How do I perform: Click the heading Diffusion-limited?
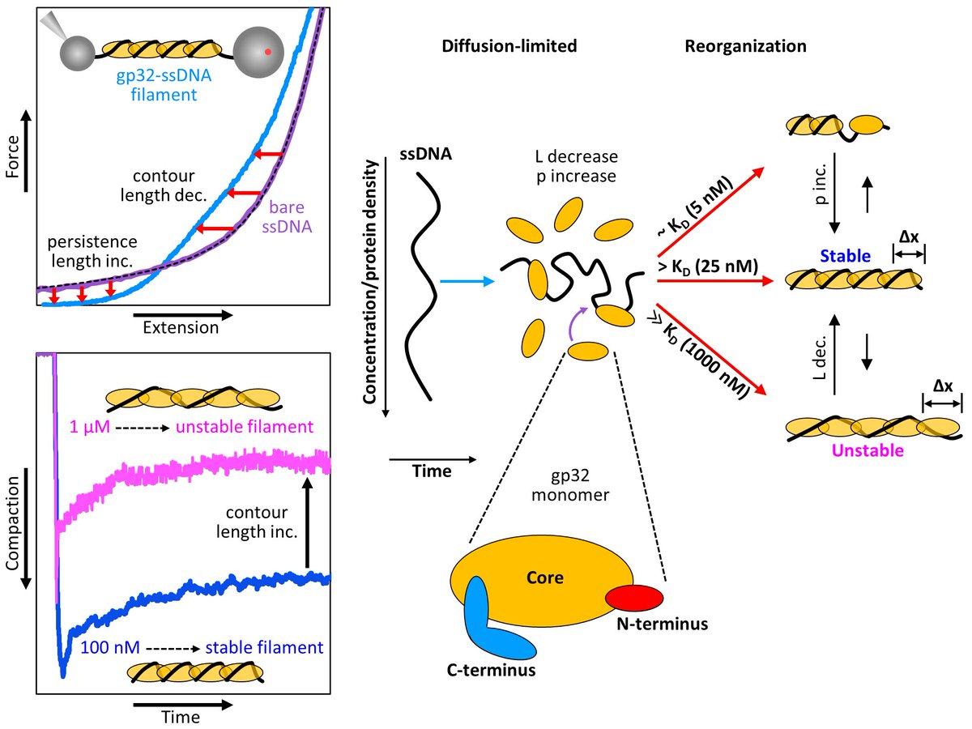tap(509, 46)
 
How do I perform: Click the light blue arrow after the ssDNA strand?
tap(466, 282)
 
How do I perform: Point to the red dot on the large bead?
tap(267, 51)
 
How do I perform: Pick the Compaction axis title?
tap(14, 531)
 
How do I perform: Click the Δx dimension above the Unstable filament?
tap(942, 387)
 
